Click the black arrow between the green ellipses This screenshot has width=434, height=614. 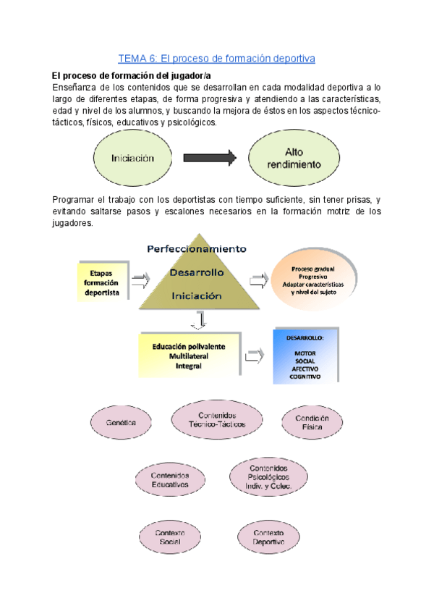pos(210,157)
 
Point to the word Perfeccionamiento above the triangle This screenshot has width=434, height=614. pos(196,248)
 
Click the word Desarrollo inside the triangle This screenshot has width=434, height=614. pos(197,272)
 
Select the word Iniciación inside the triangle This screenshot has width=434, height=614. pos(197,295)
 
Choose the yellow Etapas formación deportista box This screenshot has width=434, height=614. pos(102,279)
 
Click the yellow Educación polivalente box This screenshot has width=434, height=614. pos(188,356)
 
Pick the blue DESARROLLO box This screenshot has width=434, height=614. pos(305,356)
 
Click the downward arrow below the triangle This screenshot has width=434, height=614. pos(202,319)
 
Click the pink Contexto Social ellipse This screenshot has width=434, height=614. pos(170,537)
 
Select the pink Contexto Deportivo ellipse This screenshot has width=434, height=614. pos(268,537)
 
